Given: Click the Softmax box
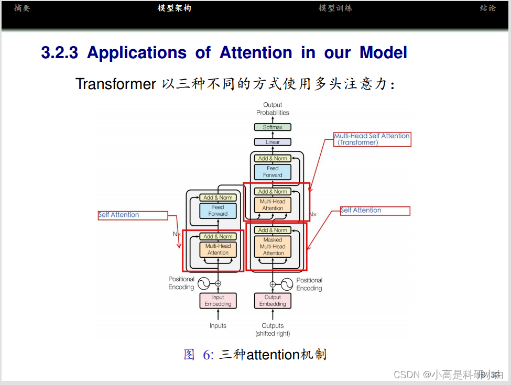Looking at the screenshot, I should pyautogui.click(x=273, y=127).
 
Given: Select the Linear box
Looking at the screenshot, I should pyautogui.click(x=273, y=142).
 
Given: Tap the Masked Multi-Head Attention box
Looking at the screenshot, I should pyautogui.click(x=273, y=247).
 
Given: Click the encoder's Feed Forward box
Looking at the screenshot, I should pyautogui.click(x=218, y=211).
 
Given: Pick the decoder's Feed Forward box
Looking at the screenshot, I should pyautogui.click(x=273, y=172).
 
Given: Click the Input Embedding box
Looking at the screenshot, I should pyautogui.click(x=218, y=301).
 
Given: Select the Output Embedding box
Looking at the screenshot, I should pyautogui.click(x=273, y=301).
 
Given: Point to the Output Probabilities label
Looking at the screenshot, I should pyautogui.click(x=273, y=109).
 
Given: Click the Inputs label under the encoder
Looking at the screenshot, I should pyautogui.click(x=218, y=326).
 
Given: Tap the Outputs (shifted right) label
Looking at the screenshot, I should pyautogui.click(x=273, y=329).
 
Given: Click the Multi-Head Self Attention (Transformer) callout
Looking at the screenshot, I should pyautogui.click(x=372, y=139).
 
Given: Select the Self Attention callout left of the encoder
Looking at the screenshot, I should pyautogui.click(x=133, y=215).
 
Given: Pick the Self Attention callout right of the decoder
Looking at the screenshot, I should pyautogui.click(x=375, y=211).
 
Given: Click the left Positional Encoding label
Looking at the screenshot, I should pyautogui.click(x=181, y=283).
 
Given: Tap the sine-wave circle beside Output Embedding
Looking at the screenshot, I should pyautogui.click(x=287, y=284).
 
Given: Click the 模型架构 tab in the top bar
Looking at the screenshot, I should pyautogui.click(x=175, y=8).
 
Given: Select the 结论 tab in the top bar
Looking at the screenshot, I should pyautogui.click(x=487, y=8).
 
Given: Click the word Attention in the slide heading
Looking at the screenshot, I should pyautogui.click(x=256, y=53).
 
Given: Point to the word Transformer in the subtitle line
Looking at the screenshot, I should pyautogui.click(x=116, y=84).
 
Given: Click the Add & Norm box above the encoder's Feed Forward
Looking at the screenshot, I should pyautogui.click(x=218, y=197).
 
